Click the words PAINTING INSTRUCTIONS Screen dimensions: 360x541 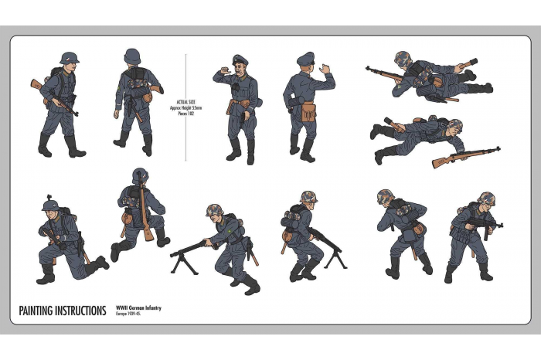coord(63,311)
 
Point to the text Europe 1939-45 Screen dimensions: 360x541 coord(129,314)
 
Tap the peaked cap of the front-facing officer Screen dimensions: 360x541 coord(240,60)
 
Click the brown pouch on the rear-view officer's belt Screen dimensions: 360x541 coord(308,112)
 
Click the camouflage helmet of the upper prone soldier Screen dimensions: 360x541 coord(402,59)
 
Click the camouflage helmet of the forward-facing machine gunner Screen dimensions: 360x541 coord(214,210)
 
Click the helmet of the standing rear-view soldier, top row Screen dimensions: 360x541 coord(133,56)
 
